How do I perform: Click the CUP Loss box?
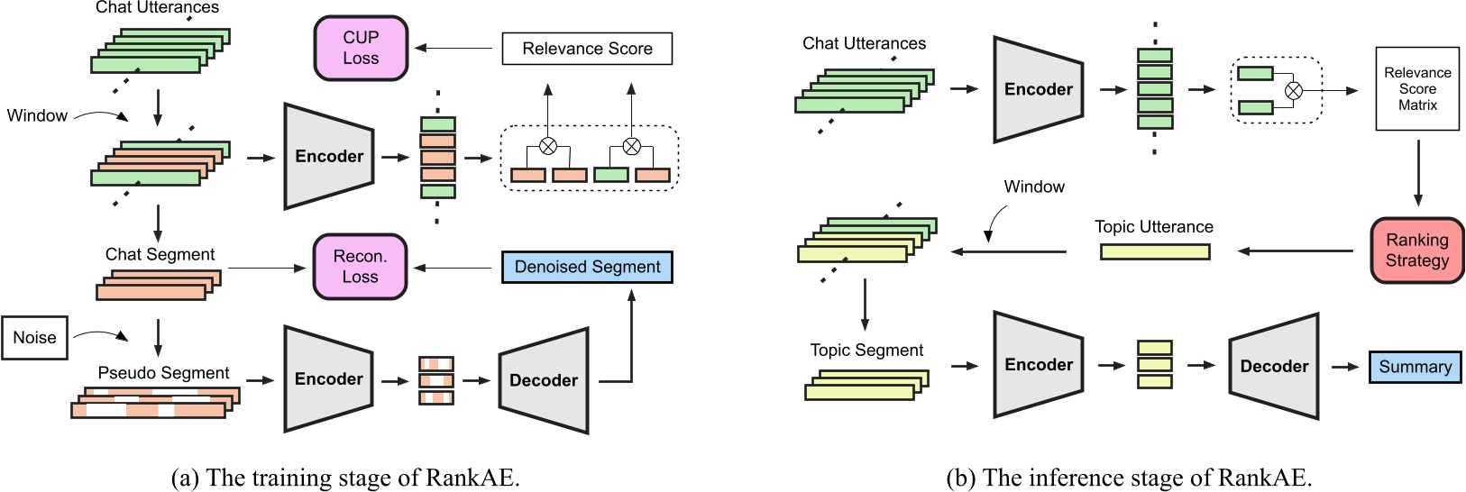click(x=361, y=48)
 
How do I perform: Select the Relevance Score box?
click(x=587, y=49)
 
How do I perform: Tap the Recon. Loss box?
click(x=360, y=267)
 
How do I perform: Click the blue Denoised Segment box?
click(x=587, y=267)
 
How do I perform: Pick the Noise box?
click(x=34, y=338)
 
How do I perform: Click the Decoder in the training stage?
click(x=543, y=380)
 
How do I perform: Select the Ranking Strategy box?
click(x=1416, y=251)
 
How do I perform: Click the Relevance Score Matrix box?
click(x=1417, y=88)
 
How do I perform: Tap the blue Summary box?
click(x=1415, y=367)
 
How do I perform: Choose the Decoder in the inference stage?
click(x=1273, y=366)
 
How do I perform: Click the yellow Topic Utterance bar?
click(x=1155, y=252)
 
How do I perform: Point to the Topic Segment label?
click(x=866, y=351)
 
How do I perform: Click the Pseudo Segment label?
click(x=163, y=373)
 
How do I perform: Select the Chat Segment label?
click(x=160, y=255)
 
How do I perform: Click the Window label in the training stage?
click(x=37, y=115)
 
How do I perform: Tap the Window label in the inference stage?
click(x=1034, y=187)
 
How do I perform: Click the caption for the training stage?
click(x=345, y=477)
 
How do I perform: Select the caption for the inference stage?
click(x=1128, y=477)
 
